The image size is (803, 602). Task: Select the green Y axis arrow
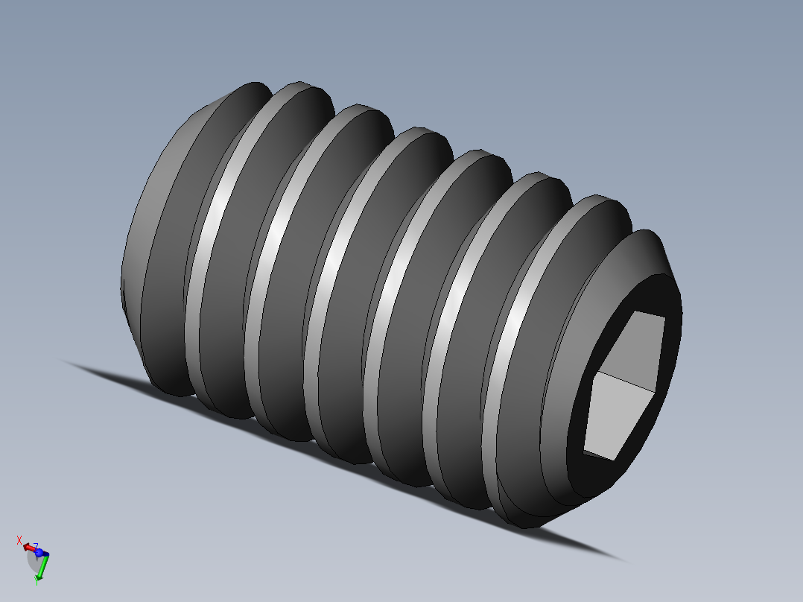coord(42,568)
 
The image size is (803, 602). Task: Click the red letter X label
coord(19,539)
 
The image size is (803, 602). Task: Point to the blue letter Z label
coord(35,545)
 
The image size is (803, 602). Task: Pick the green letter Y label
coord(36,579)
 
